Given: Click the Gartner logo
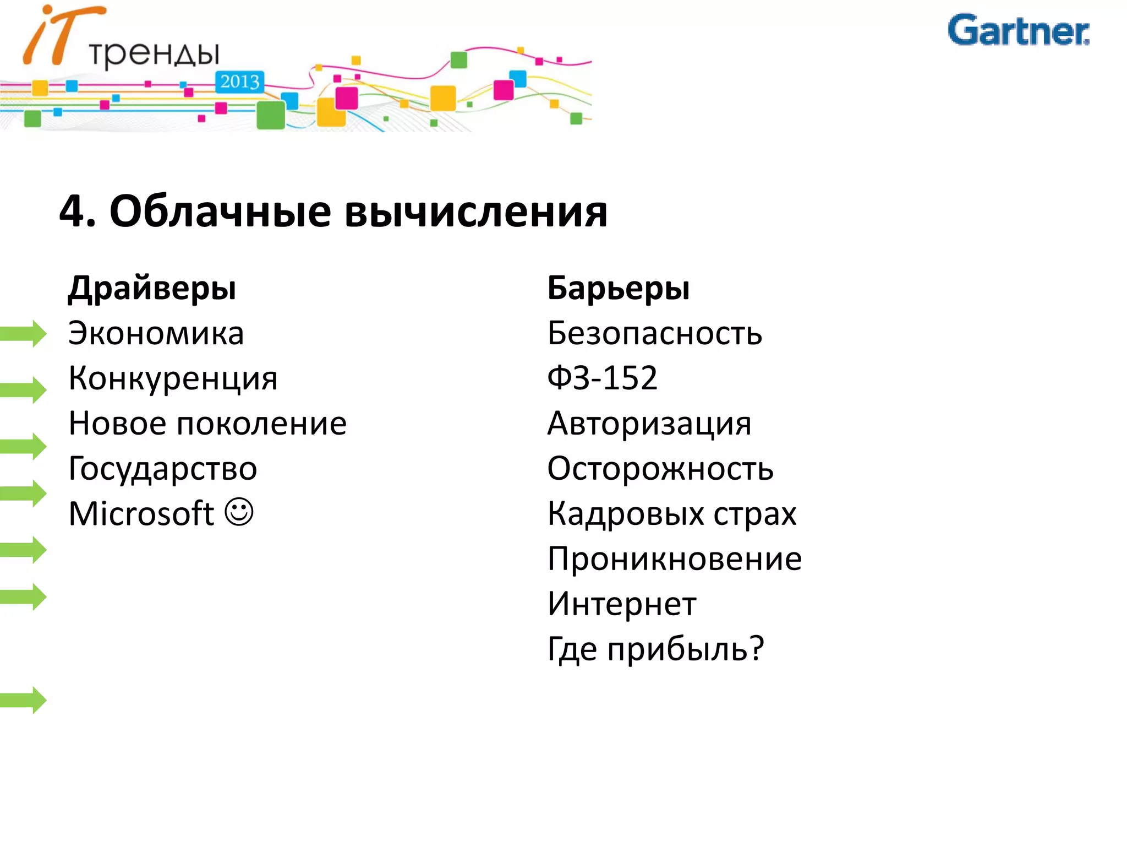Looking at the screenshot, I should [x=1018, y=31].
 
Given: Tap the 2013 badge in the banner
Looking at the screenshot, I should [x=239, y=82].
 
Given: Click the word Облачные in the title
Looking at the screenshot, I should [x=220, y=211].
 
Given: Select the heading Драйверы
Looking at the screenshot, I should [x=152, y=288].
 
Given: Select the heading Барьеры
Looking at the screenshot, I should [x=618, y=288].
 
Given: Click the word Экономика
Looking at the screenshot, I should [x=156, y=334].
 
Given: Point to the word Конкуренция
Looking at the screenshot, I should [x=173, y=379].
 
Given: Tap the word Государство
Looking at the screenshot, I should [x=162, y=469].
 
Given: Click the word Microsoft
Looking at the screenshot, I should [x=141, y=514].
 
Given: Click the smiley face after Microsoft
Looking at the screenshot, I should [x=239, y=512].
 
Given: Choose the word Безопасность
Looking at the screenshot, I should [x=654, y=334].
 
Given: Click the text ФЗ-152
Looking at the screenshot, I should [x=602, y=378].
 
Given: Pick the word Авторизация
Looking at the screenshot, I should [x=649, y=424].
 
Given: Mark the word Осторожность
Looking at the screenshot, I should [x=660, y=469].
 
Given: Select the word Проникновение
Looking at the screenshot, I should [x=674, y=559].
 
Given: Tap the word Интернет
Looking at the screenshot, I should [x=622, y=604].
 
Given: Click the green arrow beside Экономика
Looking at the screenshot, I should [x=23, y=333].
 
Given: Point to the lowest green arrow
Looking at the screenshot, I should [x=23, y=700].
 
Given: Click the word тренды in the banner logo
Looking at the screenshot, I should [x=154, y=54].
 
